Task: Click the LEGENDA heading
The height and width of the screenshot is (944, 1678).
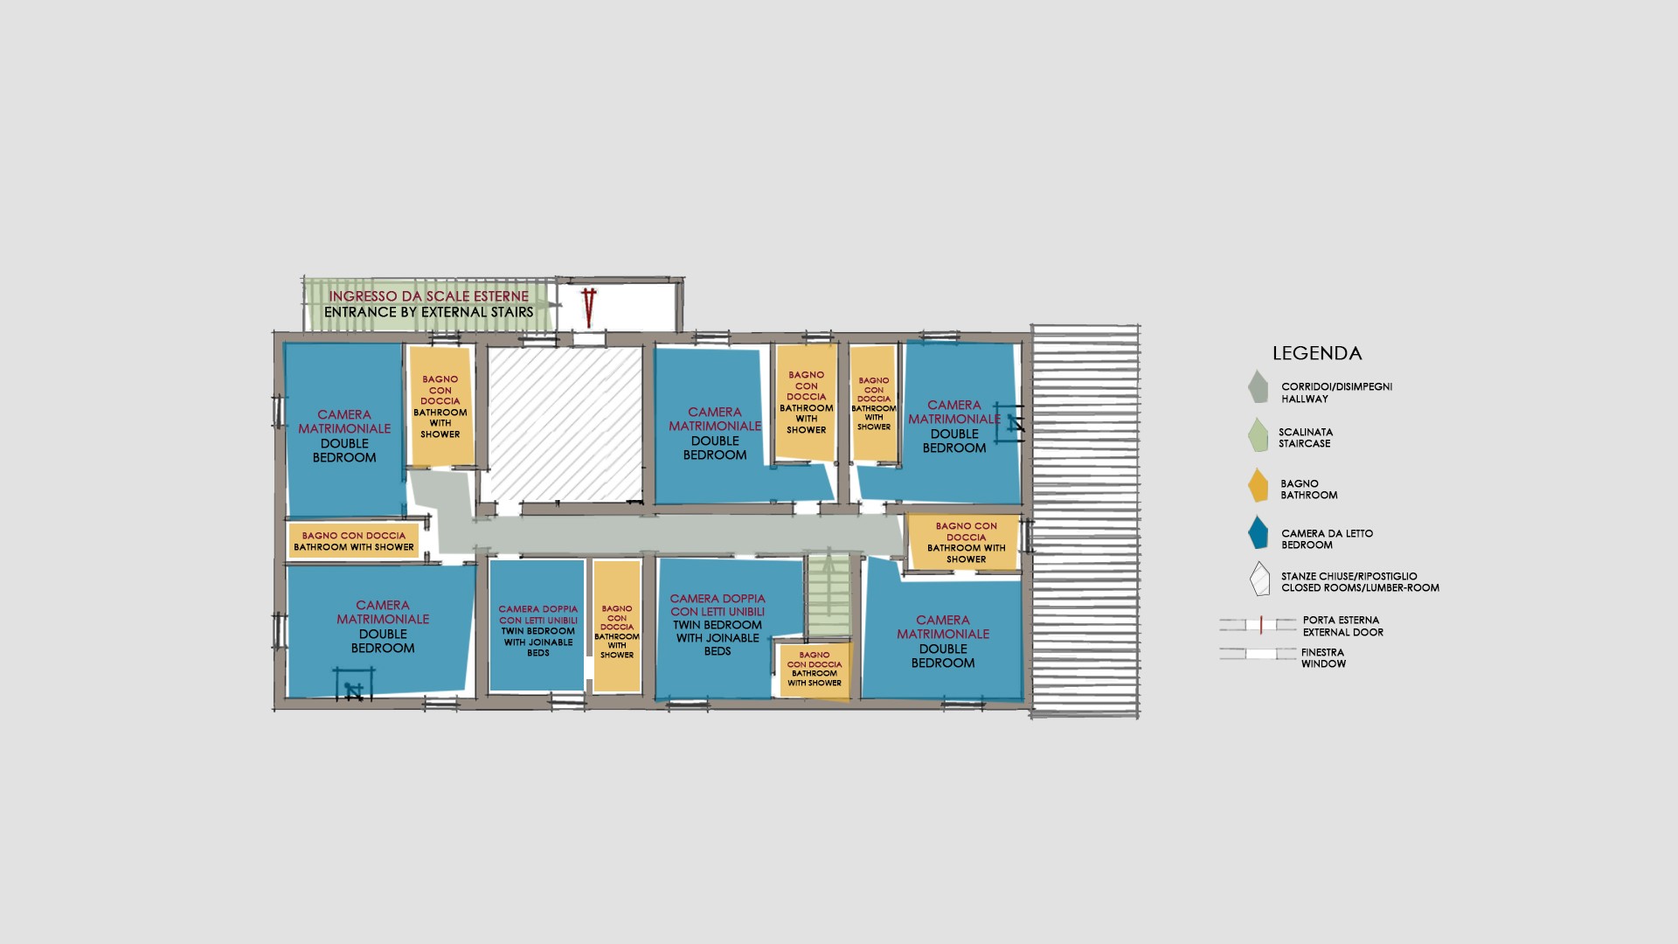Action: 1317,354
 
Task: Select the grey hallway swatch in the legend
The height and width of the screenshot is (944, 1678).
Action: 1258,387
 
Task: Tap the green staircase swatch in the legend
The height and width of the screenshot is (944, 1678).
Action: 1258,435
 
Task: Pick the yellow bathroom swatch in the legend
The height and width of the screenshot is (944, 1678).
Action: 1258,486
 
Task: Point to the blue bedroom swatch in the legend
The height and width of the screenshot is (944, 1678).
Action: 1258,533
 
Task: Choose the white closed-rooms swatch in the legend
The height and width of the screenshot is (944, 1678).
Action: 1259,579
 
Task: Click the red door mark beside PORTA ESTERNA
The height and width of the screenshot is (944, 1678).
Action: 1261,625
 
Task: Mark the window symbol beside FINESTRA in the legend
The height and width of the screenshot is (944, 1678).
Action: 1258,654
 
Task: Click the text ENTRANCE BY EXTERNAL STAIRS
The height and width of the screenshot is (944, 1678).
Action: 428,312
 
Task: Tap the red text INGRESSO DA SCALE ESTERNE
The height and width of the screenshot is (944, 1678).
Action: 429,296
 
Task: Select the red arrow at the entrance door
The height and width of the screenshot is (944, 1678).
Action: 590,307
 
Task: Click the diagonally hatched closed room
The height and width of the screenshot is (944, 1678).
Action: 564,425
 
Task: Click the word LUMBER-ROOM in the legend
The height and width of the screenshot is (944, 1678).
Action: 1404,587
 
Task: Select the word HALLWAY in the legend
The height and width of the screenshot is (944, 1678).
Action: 1305,399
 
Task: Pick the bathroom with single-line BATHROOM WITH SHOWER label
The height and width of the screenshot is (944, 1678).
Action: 353,541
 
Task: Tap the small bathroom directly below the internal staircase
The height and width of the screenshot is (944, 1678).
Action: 815,670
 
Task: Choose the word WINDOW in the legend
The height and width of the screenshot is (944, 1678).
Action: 1323,663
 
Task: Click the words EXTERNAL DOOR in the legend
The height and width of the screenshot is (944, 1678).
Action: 1343,632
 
